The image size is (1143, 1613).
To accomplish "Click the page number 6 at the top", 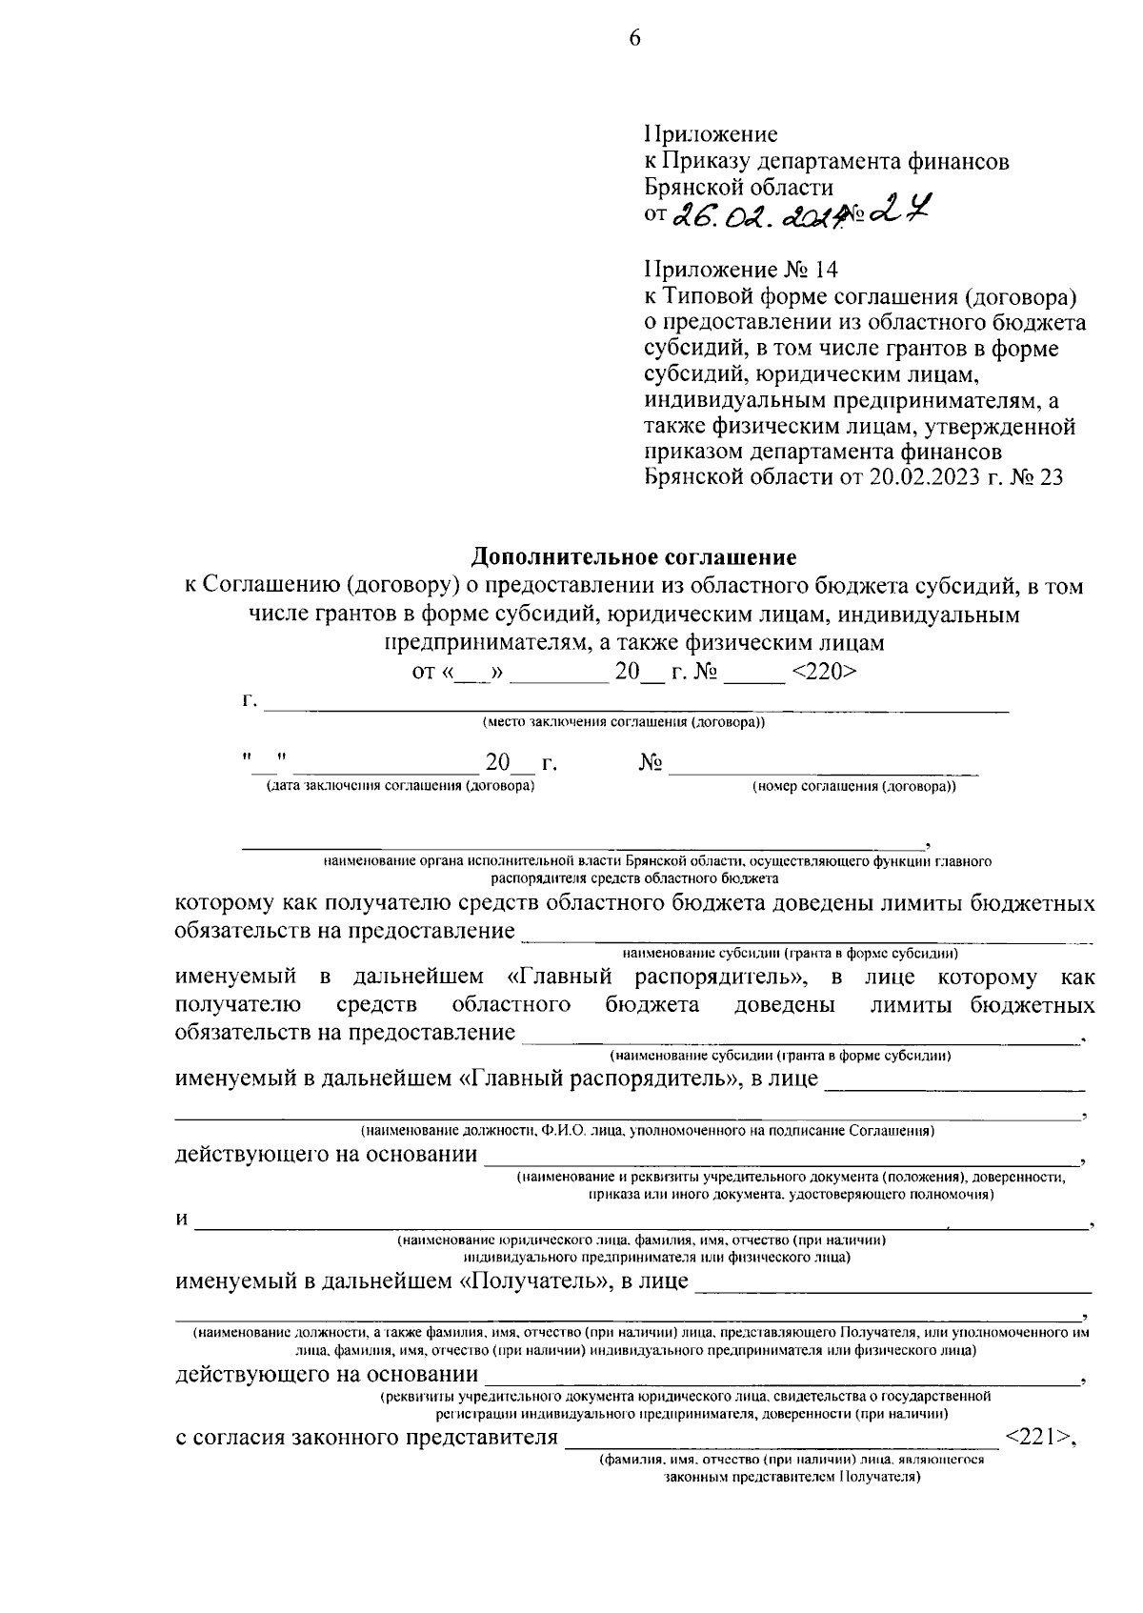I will point(634,38).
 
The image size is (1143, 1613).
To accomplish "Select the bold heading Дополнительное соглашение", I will point(634,555).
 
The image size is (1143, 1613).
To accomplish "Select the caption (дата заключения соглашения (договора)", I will point(400,786).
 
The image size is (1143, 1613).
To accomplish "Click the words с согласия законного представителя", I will point(367,1437).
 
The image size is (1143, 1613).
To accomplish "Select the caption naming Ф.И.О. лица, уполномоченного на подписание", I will point(647,1131).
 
